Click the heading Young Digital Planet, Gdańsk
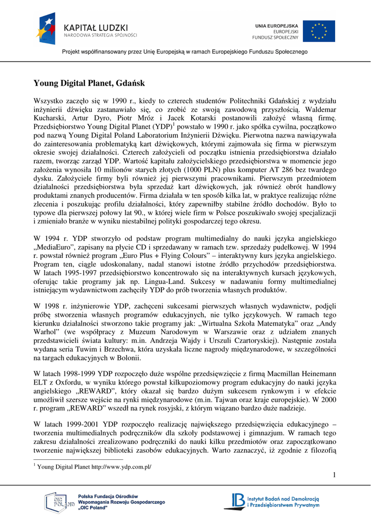(x=89, y=83)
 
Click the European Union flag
(x=318, y=31)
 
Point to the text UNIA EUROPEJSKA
(x=277, y=25)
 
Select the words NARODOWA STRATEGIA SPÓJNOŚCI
(x=100, y=35)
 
